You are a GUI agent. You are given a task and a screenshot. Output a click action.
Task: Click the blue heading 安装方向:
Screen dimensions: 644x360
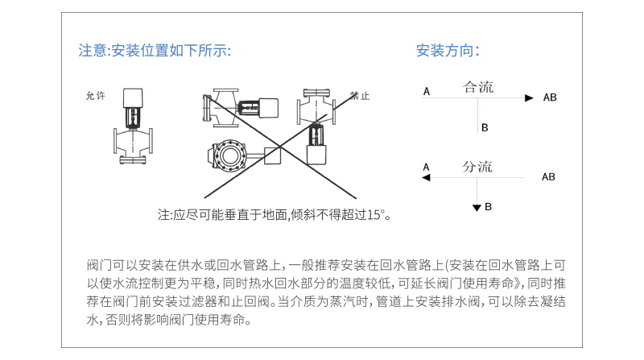click(x=448, y=51)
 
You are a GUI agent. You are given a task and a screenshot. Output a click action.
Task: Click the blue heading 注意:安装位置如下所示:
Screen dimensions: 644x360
click(x=155, y=51)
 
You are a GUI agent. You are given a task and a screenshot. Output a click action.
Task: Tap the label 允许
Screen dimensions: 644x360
click(x=96, y=96)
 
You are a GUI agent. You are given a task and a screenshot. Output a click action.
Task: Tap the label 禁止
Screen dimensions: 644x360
click(x=360, y=96)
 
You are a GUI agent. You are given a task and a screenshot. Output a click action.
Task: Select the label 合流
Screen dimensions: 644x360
click(x=477, y=87)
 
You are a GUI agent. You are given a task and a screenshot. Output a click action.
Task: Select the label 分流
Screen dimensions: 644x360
click(x=477, y=167)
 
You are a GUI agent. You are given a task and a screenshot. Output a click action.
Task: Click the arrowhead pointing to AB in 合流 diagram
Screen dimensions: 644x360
click(x=529, y=97)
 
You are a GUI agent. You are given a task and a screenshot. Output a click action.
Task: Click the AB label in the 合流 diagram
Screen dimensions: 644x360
click(x=550, y=97)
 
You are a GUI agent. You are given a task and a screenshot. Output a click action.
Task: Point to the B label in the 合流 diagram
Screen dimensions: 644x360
click(x=485, y=128)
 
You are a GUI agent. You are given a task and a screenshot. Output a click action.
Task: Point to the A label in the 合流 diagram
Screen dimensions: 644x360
click(x=427, y=91)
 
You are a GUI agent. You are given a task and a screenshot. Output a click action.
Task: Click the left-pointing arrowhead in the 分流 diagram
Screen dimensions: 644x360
click(x=426, y=177)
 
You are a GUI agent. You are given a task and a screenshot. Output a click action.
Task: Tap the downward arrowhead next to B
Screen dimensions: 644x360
click(x=477, y=208)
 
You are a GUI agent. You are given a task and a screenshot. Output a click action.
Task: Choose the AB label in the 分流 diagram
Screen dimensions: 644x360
click(x=548, y=176)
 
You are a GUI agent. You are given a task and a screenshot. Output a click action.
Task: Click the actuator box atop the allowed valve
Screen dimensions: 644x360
click(x=133, y=97)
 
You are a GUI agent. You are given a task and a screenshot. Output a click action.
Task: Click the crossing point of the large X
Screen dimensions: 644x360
click(x=280, y=146)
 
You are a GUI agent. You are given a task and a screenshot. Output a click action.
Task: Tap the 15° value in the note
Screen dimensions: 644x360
click(x=377, y=215)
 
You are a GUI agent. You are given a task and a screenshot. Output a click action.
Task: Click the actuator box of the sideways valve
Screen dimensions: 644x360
click(x=268, y=108)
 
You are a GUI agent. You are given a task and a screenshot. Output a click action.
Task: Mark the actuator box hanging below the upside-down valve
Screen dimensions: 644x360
click(x=316, y=154)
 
